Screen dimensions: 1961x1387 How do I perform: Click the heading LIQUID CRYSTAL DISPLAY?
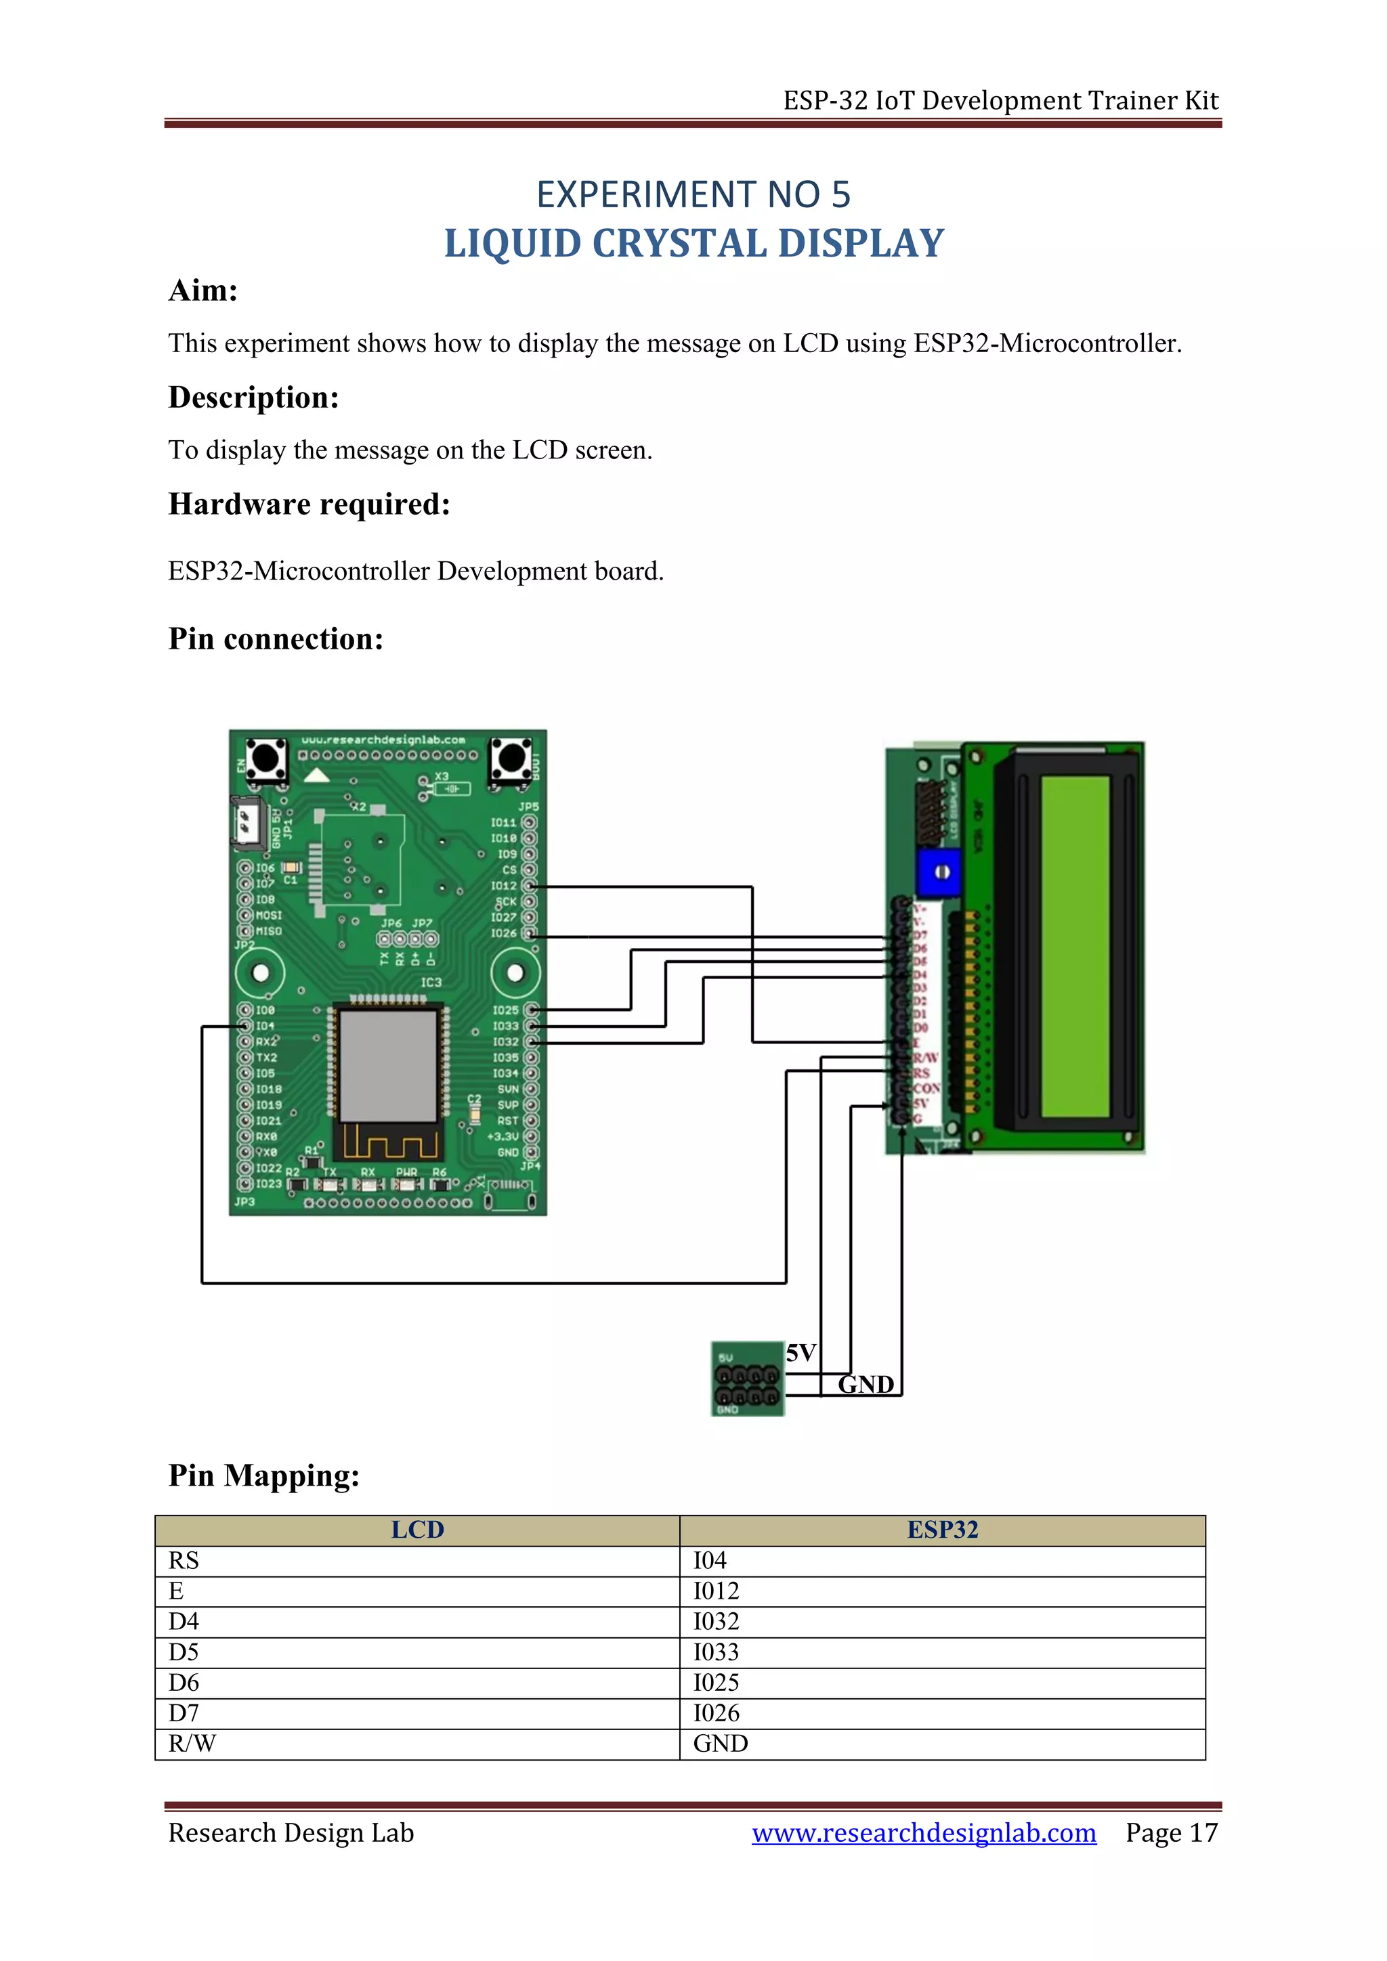tap(693, 244)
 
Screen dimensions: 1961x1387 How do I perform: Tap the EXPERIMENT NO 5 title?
tap(693, 195)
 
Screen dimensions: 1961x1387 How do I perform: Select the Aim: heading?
tap(203, 291)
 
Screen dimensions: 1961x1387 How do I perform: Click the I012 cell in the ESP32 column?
tap(716, 1591)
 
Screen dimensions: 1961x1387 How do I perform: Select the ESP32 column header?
tap(942, 1530)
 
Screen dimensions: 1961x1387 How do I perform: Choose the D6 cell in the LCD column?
tap(184, 1683)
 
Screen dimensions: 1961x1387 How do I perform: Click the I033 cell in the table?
tap(716, 1652)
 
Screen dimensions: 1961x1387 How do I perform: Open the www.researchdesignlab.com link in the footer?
tap(923, 1833)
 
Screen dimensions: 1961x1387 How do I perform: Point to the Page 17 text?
tap(1171, 1833)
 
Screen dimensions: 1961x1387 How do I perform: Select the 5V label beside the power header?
tap(801, 1353)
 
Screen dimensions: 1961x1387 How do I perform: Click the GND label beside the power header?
tap(865, 1385)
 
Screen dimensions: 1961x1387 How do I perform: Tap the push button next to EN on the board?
tap(266, 758)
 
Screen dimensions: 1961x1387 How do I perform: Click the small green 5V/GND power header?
tap(747, 1379)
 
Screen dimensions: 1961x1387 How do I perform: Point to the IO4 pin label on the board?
tap(265, 1026)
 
